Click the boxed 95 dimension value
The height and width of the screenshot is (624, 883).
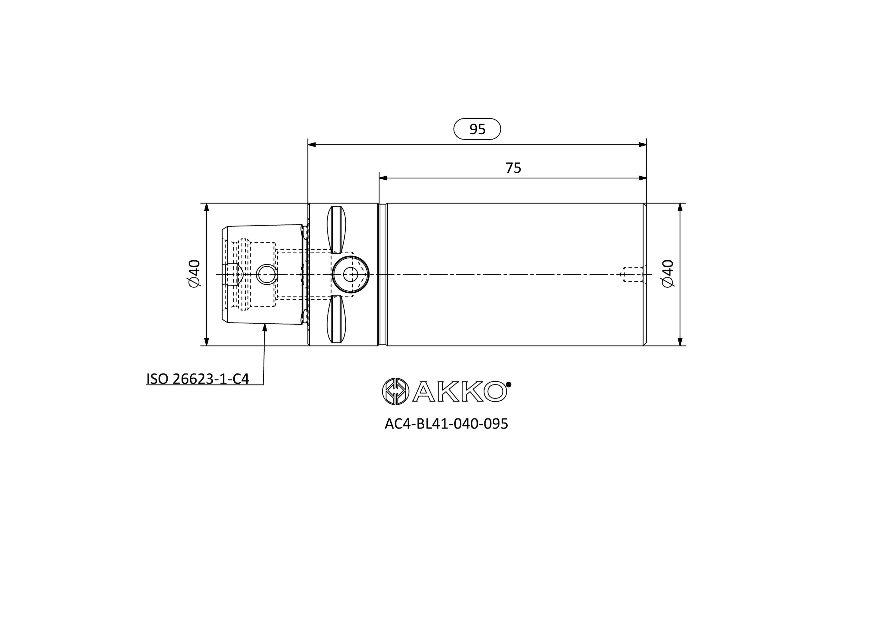pos(477,129)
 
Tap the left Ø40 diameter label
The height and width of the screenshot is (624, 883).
pos(194,274)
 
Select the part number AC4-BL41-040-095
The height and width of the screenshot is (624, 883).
pos(446,424)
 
